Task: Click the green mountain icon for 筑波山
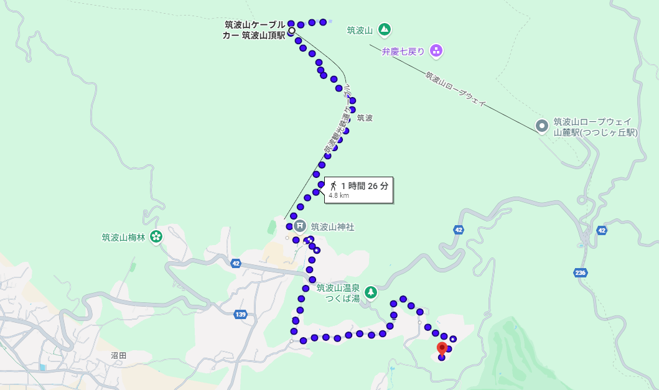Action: [x=385, y=29]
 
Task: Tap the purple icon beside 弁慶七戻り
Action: [x=436, y=51]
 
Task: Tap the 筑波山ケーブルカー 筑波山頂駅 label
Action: [x=255, y=30]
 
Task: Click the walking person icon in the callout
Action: [x=334, y=185]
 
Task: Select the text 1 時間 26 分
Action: [x=365, y=185]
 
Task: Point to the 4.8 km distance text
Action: [x=339, y=195]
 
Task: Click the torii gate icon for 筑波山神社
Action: [x=299, y=226]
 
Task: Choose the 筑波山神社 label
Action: [x=332, y=227]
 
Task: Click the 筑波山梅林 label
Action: [x=123, y=237]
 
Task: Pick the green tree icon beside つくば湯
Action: [x=371, y=292]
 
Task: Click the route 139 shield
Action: [x=241, y=315]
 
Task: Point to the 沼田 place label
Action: [x=118, y=355]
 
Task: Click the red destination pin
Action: [x=442, y=348]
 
